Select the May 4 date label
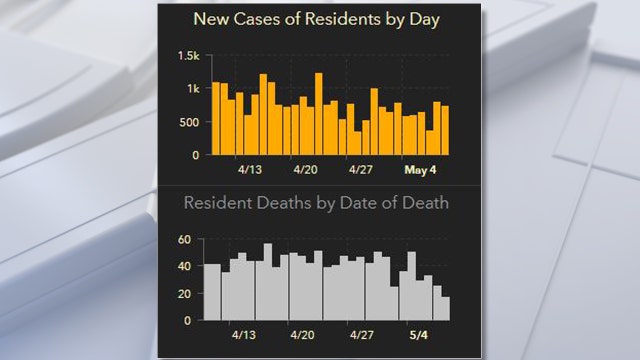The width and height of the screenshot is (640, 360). pos(420,170)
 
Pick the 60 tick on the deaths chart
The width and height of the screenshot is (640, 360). pos(183,240)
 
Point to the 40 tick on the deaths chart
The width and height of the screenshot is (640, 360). pos(183,267)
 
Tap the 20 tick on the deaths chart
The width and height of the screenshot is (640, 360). pos(183,293)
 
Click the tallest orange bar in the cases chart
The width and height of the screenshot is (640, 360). pos(318,114)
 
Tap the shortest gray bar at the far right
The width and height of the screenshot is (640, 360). pos(445,308)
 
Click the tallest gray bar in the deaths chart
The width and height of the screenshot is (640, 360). pos(268,282)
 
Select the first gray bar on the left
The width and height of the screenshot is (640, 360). pos(208,292)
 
